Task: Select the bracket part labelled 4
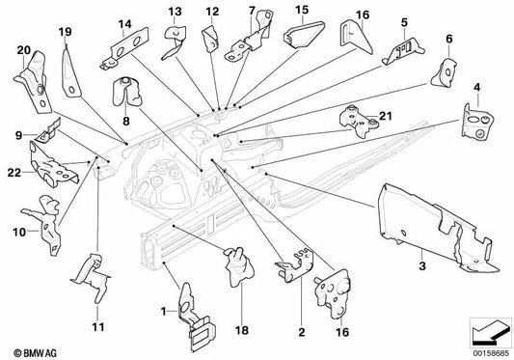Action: (478, 125)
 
